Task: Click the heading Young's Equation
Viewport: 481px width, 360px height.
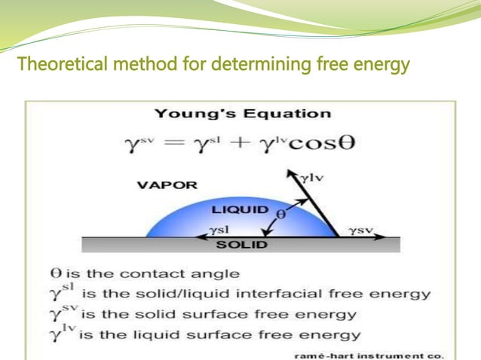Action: (x=242, y=114)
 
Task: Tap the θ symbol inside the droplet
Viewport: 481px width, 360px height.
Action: (x=283, y=213)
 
